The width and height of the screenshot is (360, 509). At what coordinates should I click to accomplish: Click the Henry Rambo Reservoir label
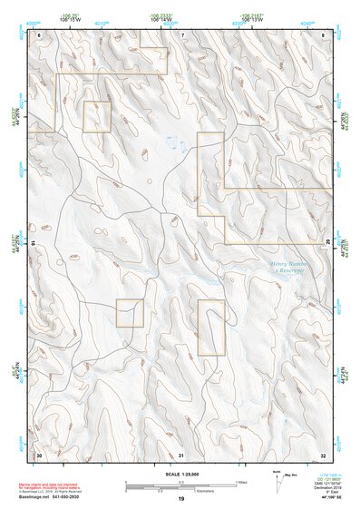(x=290, y=266)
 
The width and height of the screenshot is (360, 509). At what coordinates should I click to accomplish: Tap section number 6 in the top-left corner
(x=39, y=34)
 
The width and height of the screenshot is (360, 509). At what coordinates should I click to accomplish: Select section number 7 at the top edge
(x=181, y=34)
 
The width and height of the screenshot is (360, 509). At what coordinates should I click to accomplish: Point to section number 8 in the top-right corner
(x=324, y=34)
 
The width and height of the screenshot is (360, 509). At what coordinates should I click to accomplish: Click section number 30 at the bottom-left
(x=39, y=455)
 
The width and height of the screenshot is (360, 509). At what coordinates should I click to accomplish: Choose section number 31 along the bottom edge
(x=181, y=455)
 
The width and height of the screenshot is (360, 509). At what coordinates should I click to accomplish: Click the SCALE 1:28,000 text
(x=180, y=475)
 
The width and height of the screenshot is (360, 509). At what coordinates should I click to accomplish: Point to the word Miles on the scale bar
(x=241, y=481)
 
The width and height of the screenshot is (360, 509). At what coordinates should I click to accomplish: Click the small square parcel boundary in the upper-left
(x=97, y=117)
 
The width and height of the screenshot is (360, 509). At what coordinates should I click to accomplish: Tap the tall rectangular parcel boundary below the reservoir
(x=210, y=327)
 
